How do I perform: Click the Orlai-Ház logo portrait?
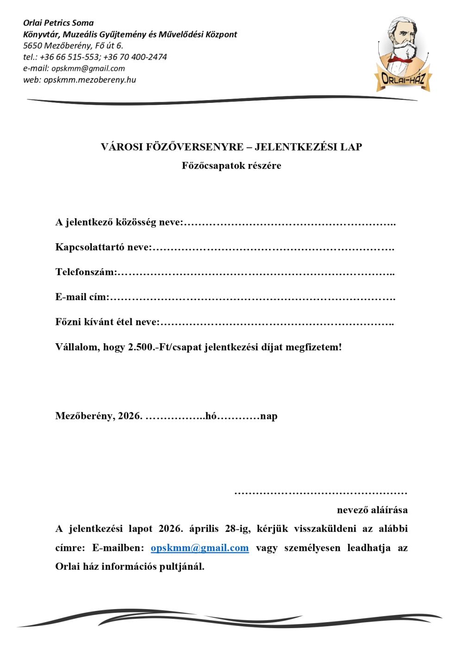402,53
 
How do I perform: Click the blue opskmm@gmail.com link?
200,548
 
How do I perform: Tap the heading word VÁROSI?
122,147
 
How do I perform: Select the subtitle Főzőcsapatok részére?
231,166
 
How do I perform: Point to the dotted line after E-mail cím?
252,298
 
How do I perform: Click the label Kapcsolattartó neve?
103,247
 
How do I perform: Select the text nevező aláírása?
372,510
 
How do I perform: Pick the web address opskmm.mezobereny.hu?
90,80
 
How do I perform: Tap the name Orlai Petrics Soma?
58,23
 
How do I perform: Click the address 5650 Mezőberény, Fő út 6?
73,45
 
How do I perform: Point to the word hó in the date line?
211,416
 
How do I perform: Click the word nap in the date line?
269,416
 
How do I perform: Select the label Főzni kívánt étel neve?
107,322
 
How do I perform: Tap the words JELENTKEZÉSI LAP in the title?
308,147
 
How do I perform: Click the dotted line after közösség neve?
289,223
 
